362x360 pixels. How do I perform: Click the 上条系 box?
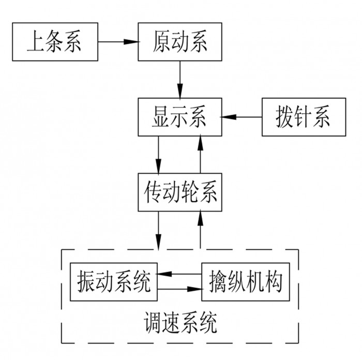(x=54, y=41)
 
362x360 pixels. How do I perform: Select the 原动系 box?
(x=180, y=41)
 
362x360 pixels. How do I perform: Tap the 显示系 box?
(x=179, y=117)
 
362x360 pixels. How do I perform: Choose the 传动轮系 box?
(x=179, y=192)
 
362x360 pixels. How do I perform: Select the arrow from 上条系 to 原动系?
(x=117, y=41)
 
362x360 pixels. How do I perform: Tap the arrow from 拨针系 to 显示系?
(x=242, y=117)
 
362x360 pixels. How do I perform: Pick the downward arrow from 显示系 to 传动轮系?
(x=159, y=155)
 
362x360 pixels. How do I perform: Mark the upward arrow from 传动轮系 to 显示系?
(x=200, y=155)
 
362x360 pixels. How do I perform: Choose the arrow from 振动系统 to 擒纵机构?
(x=179, y=289)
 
